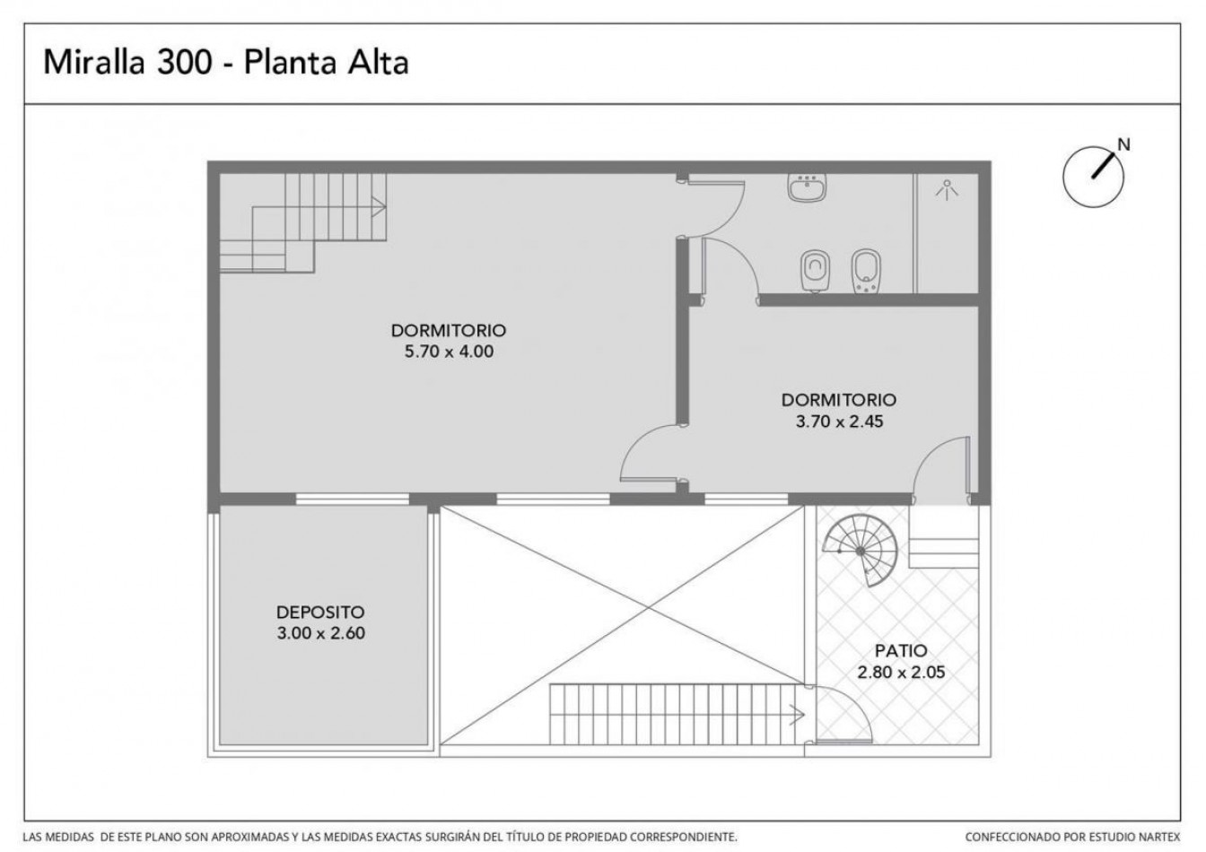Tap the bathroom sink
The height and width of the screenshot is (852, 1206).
(807, 187)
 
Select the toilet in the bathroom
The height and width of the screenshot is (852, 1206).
(815, 271)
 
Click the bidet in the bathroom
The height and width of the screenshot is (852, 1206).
(866, 271)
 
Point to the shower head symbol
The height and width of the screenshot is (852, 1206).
(947, 189)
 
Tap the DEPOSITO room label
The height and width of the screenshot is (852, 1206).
(320, 612)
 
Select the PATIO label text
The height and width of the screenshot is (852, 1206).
(901, 651)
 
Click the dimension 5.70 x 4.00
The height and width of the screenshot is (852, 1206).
(449, 352)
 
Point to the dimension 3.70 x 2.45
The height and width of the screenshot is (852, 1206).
(839, 422)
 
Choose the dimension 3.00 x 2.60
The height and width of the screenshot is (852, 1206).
(321, 633)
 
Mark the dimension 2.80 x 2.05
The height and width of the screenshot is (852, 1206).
(901, 673)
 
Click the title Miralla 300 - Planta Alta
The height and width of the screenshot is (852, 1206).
(226, 63)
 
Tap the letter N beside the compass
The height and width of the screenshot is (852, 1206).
(1123, 144)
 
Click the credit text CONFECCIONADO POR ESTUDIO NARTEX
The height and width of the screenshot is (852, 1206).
(1072, 837)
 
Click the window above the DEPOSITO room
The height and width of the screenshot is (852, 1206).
(353, 500)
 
